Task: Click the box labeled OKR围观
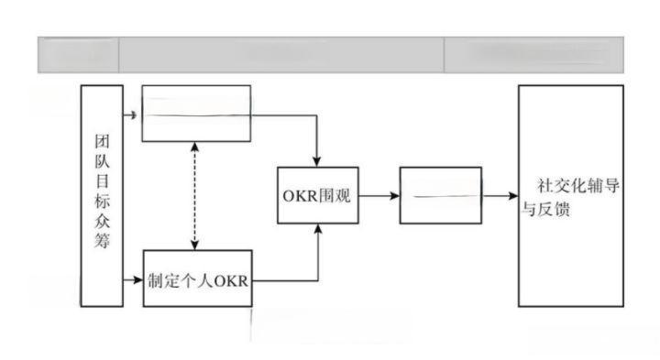(x=318, y=195)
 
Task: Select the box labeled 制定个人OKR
(x=196, y=277)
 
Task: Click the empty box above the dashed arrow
(x=196, y=114)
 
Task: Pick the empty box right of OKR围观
(x=440, y=195)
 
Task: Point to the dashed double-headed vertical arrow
(x=194, y=195)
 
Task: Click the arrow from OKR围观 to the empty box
(x=379, y=195)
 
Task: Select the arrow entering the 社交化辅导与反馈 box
(x=500, y=195)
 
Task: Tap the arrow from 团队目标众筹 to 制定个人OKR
(x=133, y=277)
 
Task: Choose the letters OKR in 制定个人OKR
(x=231, y=278)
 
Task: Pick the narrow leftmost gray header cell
(x=78, y=54)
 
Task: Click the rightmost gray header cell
(x=533, y=54)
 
